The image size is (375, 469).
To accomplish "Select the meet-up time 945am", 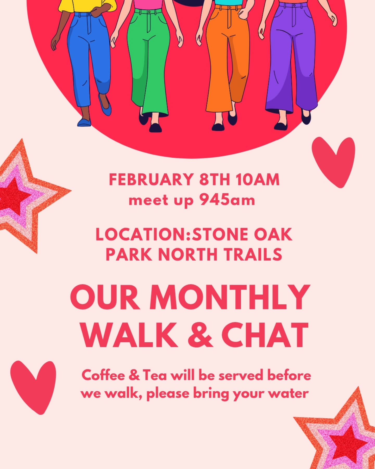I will pos(227,200).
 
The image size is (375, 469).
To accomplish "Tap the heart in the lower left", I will pos(33,386).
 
